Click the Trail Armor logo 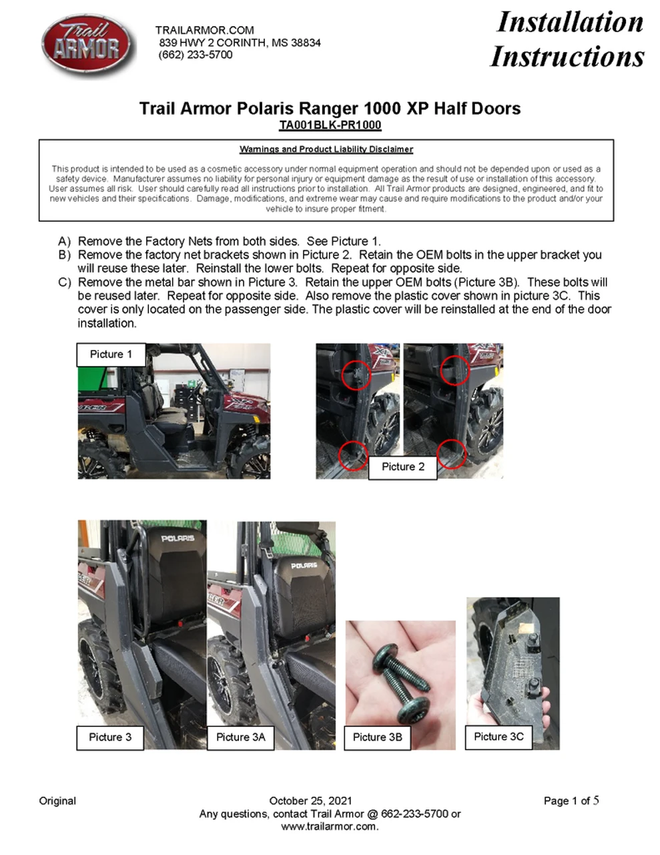[x=87, y=46]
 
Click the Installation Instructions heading [x=568, y=39]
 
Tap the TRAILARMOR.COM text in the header [x=204, y=30]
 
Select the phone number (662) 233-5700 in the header [x=196, y=55]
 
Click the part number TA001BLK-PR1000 [x=330, y=125]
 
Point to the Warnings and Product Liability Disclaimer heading [x=326, y=149]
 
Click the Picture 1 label [x=111, y=354]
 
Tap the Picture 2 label [x=402, y=466]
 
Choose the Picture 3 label [x=110, y=737]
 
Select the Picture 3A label [x=240, y=737]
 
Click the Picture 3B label [x=377, y=737]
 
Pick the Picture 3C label [x=499, y=736]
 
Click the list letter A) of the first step [x=65, y=241]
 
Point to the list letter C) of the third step [x=65, y=283]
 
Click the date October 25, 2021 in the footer [x=310, y=800]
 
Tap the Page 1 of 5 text [x=571, y=800]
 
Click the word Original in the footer [x=57, y=800]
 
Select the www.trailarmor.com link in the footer [x=329, y=826]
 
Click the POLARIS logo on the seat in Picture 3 [x=178, y=538]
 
